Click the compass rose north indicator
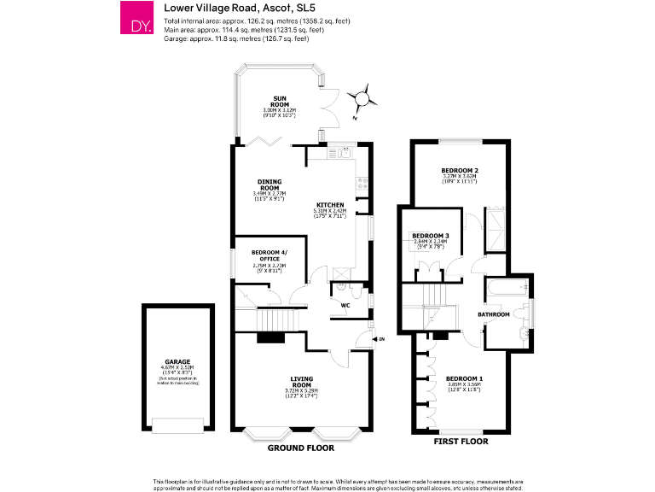[363, 98]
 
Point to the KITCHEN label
[330, 206]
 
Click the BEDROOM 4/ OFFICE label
[270, 255]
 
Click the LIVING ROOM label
[301, 381]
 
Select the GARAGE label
[178, 362]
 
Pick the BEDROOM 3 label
[430, 236]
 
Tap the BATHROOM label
[493, 315]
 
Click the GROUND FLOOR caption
[300, 448]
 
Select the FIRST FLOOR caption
[461, 442]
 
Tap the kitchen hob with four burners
[363, 181]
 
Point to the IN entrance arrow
[378, 339]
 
